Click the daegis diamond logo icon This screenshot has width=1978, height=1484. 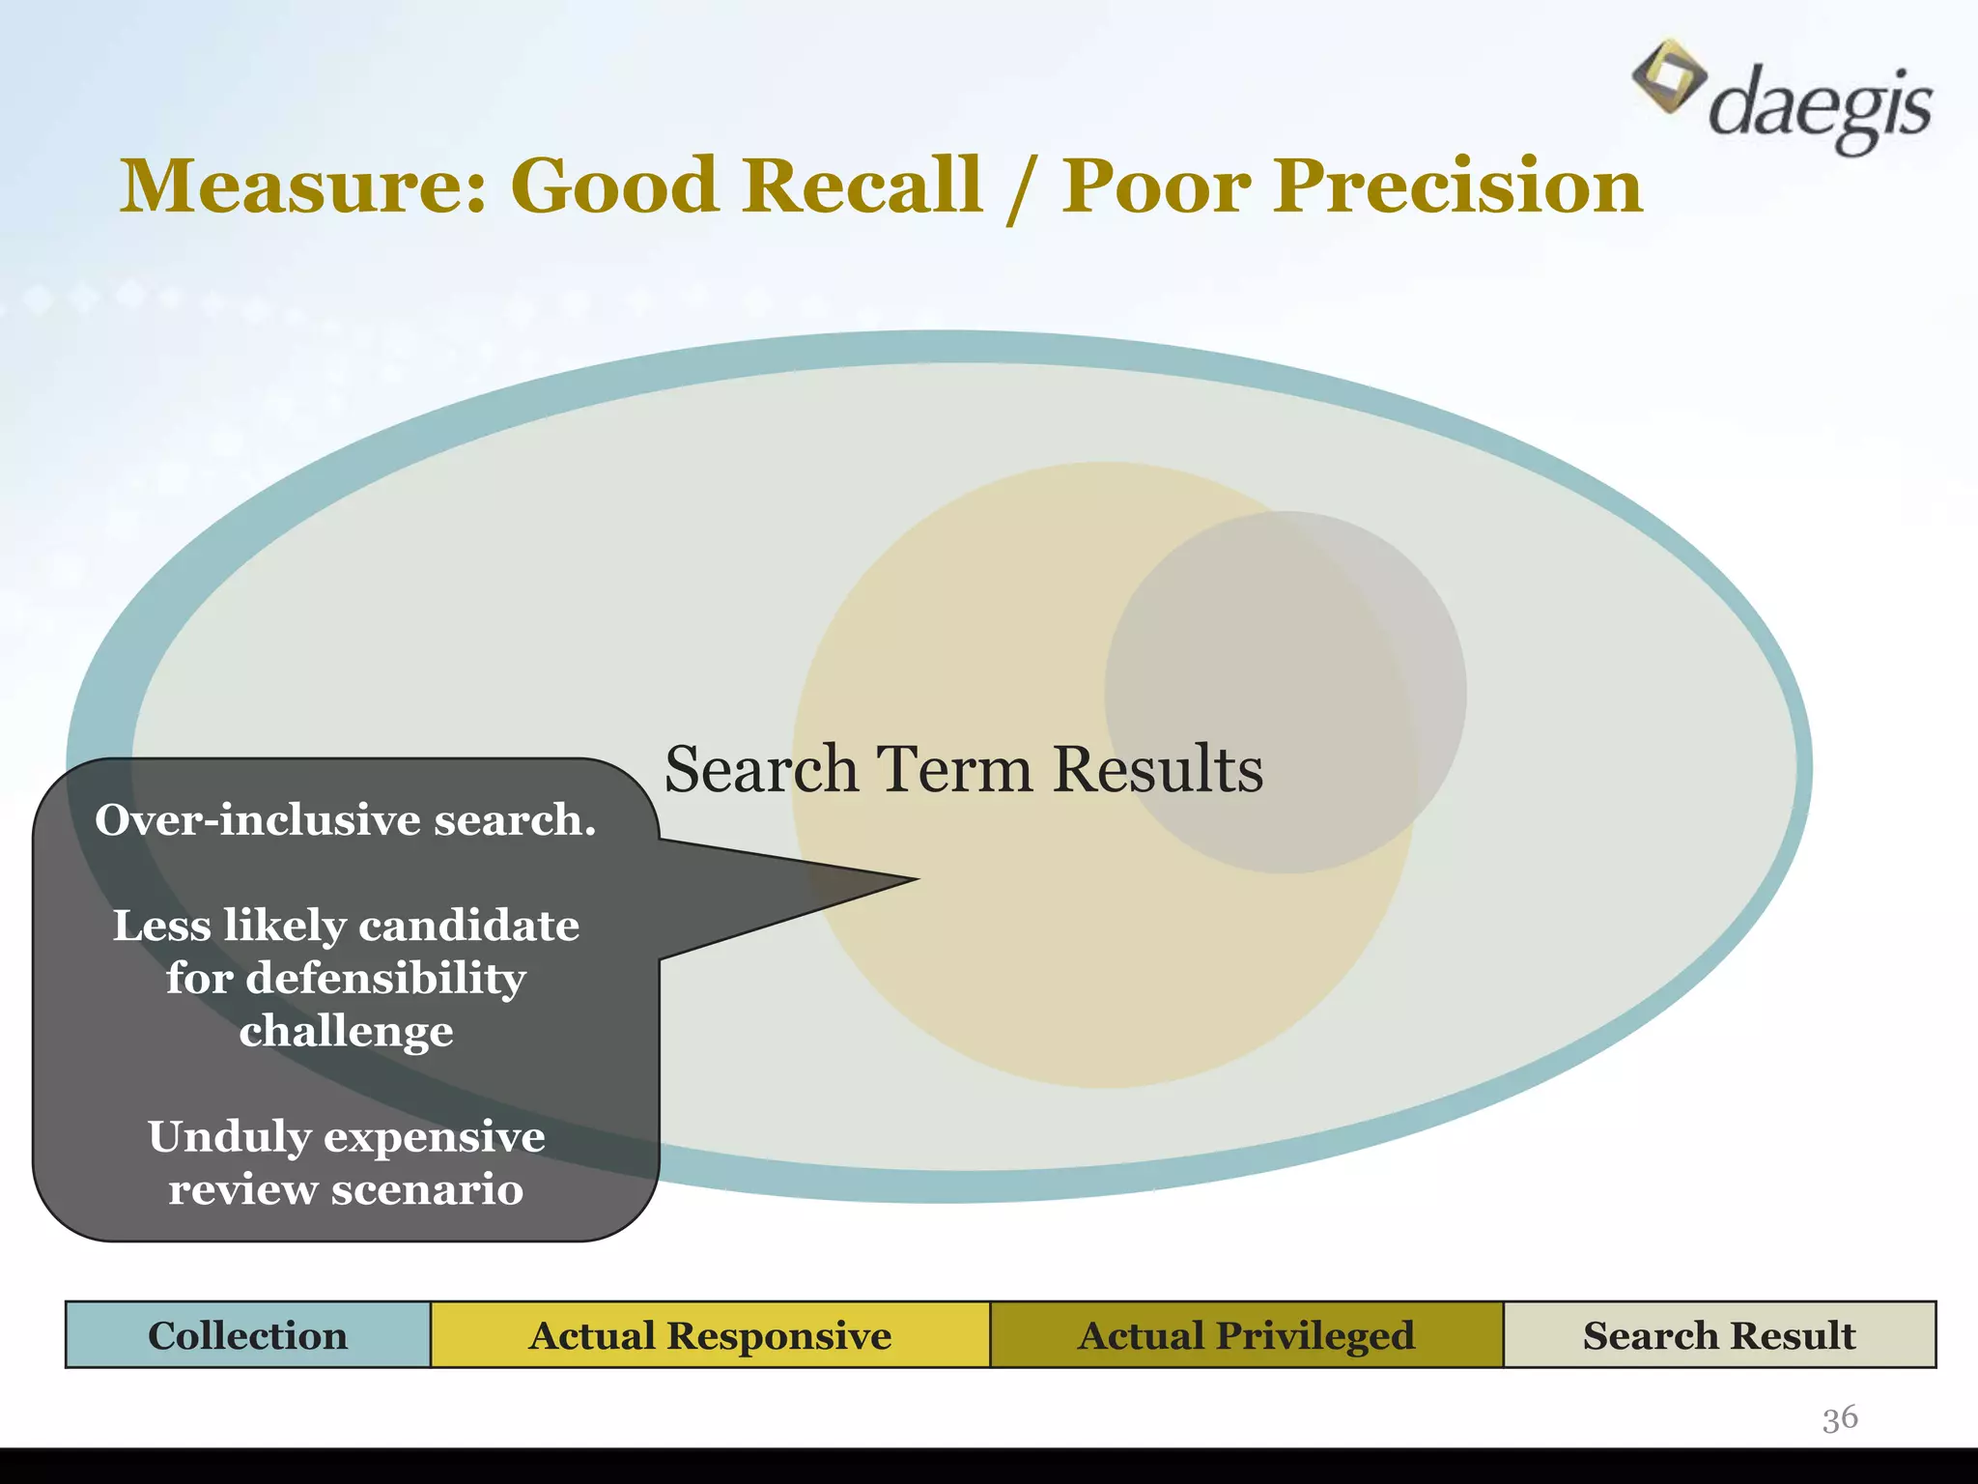(1668, 76)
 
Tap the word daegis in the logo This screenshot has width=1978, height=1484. (1821, 107)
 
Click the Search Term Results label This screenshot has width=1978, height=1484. (963, 770)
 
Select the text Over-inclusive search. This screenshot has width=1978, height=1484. (346, 820)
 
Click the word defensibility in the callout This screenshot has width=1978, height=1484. (386, 978)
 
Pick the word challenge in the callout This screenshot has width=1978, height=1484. (346, 1031)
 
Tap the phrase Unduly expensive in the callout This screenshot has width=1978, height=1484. (346, 1136)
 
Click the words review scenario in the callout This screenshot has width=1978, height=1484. (346, 1189)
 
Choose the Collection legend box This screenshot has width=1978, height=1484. (247, 1335)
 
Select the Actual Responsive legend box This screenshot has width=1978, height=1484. (710, 1335)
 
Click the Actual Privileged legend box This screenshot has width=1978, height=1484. (1246, 1335)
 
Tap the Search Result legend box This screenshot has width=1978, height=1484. (1719, 1335)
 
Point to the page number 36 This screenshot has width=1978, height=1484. (1840, 1418)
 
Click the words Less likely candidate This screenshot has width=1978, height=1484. (346, 926)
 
